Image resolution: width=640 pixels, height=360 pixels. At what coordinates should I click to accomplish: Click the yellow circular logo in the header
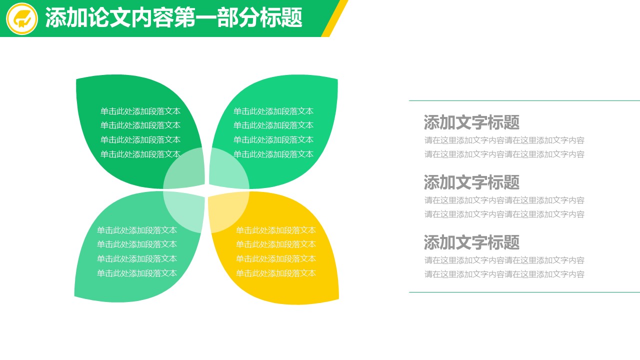21,18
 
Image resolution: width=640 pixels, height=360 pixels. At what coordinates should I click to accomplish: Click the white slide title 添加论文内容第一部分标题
173,17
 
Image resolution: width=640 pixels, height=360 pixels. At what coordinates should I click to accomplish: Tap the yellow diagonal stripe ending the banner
334,18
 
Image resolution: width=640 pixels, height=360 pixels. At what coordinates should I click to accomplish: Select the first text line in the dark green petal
140,111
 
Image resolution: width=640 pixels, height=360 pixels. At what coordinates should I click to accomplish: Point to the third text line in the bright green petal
273,139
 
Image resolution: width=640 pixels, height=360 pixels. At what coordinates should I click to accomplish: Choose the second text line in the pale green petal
137,244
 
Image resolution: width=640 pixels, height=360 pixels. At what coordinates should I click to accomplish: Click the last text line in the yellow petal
275,273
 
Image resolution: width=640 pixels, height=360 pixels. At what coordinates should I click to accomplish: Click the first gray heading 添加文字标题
471,122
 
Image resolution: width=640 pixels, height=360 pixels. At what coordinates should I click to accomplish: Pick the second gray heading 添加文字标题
471,182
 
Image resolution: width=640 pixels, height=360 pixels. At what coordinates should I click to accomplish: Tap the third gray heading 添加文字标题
471,242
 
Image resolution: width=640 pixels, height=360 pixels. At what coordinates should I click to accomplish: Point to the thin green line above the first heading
524,100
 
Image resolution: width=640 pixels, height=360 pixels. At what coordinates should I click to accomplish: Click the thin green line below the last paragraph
524,292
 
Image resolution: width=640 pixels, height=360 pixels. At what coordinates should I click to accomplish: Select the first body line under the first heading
504,140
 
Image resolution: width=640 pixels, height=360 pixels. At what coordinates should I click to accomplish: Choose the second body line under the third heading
504,274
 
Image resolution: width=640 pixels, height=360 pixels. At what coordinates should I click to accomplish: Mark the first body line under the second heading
504,200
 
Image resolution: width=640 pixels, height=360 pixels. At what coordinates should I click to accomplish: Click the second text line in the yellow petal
275,244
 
